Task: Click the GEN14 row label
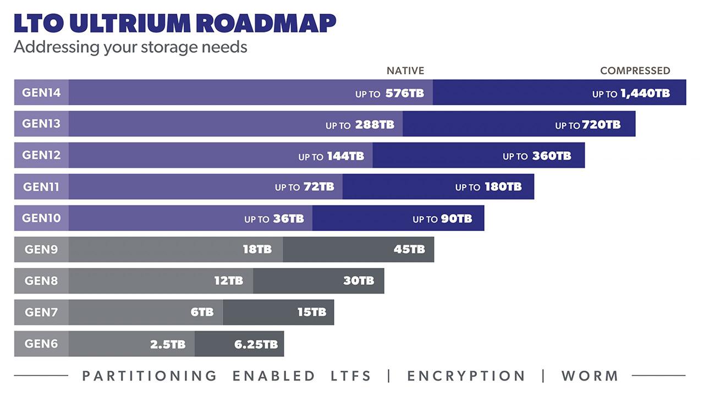[x=41, y=92]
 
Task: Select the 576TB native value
[x=404, y=94]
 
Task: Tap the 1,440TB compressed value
[x=645, y=94]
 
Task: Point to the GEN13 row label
[x=41, y=124]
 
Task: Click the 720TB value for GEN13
[x=601, y=125]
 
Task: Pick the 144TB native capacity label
[x=345, y=156]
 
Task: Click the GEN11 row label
[x=41, y=187]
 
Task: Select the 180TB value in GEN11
[x=503, y=187]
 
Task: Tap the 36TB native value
[x=288, y=218]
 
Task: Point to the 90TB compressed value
[x=456, y=218]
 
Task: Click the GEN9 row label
[x=41, y=250]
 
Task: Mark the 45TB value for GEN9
[x=409, y=250]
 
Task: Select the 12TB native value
[x=228, y=281]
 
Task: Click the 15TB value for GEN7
[x=312, y=312]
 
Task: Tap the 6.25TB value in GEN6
[x=256, y=345]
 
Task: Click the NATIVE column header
[x=405, y=70]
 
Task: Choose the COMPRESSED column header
[x=635, y=70]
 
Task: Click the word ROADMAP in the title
[x=266, y=24]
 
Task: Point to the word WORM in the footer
[x=590, y=376]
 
